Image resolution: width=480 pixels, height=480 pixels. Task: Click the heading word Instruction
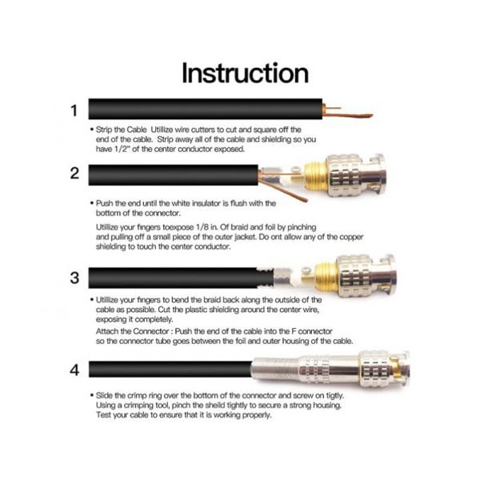tap(245, 73)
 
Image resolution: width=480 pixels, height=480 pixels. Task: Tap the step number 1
tap(74, 110)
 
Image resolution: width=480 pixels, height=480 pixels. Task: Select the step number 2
tap(74, 174)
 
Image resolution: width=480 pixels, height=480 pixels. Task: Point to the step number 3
tap(74, 278)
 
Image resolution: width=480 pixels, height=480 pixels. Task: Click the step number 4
tap(74, 370)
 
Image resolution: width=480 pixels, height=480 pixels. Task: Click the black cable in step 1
tap(206, 109)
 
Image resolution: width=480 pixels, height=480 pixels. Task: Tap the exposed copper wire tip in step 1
tap(370, 116)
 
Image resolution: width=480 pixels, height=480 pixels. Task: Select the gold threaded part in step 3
tap(326, 277)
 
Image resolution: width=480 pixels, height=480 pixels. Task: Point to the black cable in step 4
tap(170, 369)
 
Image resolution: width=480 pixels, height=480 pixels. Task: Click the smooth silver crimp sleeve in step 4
tap(275, 370)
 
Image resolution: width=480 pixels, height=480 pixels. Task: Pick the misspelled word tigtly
tap(333, 396)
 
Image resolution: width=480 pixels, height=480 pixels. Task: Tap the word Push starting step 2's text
tap(104, 203)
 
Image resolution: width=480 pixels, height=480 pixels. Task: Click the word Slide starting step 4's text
tap(105, 395)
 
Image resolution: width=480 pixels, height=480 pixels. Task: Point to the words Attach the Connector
tap(133, 331)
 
